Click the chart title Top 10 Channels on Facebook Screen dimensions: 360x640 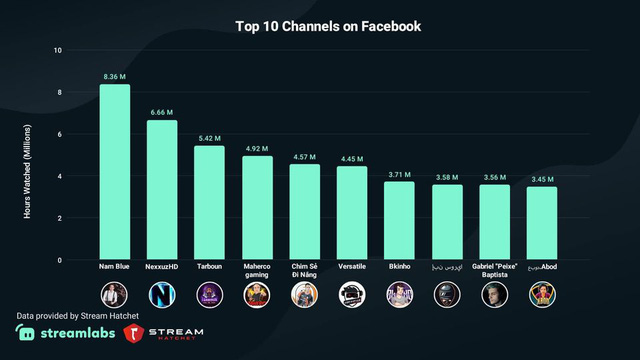pyautogui.click(x=328, y=26)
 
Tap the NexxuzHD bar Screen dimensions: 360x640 pyautogui.click(x=162, y=190)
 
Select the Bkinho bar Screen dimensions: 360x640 pyautogui.click(x=399, y=221)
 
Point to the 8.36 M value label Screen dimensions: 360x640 pyautogui.click(x=115, y=76)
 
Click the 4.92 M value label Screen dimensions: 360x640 pyautogui.click(x=257, y=148)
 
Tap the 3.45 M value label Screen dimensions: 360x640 pyautogui.click(x=541, y=179)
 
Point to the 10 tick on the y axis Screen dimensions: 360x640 pyautogui.click(x=57, y=51)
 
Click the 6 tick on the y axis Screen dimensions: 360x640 pyautogui.click(x=58, y=135)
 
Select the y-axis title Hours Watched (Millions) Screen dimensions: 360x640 pyautogui.click(x=28, y=155)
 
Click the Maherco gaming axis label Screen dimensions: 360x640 pyautogui.click(x=257, y=272)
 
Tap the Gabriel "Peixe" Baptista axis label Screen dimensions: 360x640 pyautogui.click(x=494, y=272)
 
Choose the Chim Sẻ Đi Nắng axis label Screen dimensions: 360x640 pyautogui.click(x=304, y=272)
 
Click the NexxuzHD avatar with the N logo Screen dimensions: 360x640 pyautogui.click(x=162, y=294)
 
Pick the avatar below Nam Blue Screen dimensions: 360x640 pyautogui.click(x=115, y=294)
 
